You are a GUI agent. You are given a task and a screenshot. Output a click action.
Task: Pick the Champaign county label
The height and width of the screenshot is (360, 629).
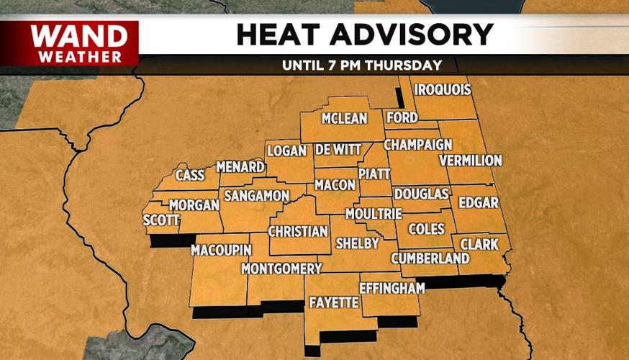(417, 145)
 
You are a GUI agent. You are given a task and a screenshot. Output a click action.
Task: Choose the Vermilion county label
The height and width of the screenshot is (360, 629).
(470, 160)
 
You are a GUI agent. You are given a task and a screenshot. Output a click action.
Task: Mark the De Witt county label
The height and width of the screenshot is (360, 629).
(338, 150)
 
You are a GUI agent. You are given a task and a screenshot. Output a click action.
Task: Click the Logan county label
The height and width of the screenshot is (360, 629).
(287, 150)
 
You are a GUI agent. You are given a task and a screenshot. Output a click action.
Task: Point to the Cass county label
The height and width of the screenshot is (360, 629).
(190, 174)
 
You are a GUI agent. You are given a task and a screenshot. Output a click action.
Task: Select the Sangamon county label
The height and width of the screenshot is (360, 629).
(256, 196)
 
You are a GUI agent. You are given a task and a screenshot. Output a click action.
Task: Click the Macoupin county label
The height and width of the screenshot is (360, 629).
(221, 250)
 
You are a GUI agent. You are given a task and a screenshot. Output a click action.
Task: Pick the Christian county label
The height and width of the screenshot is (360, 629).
(298, 232)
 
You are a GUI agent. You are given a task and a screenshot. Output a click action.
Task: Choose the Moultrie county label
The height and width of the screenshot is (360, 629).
(374, 214)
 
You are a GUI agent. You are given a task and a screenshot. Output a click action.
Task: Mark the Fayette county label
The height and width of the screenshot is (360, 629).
(333, 302)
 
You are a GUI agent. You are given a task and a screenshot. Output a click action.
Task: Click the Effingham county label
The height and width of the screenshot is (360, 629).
(392, 287)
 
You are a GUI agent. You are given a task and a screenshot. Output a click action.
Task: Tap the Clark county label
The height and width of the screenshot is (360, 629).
(479, 245)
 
